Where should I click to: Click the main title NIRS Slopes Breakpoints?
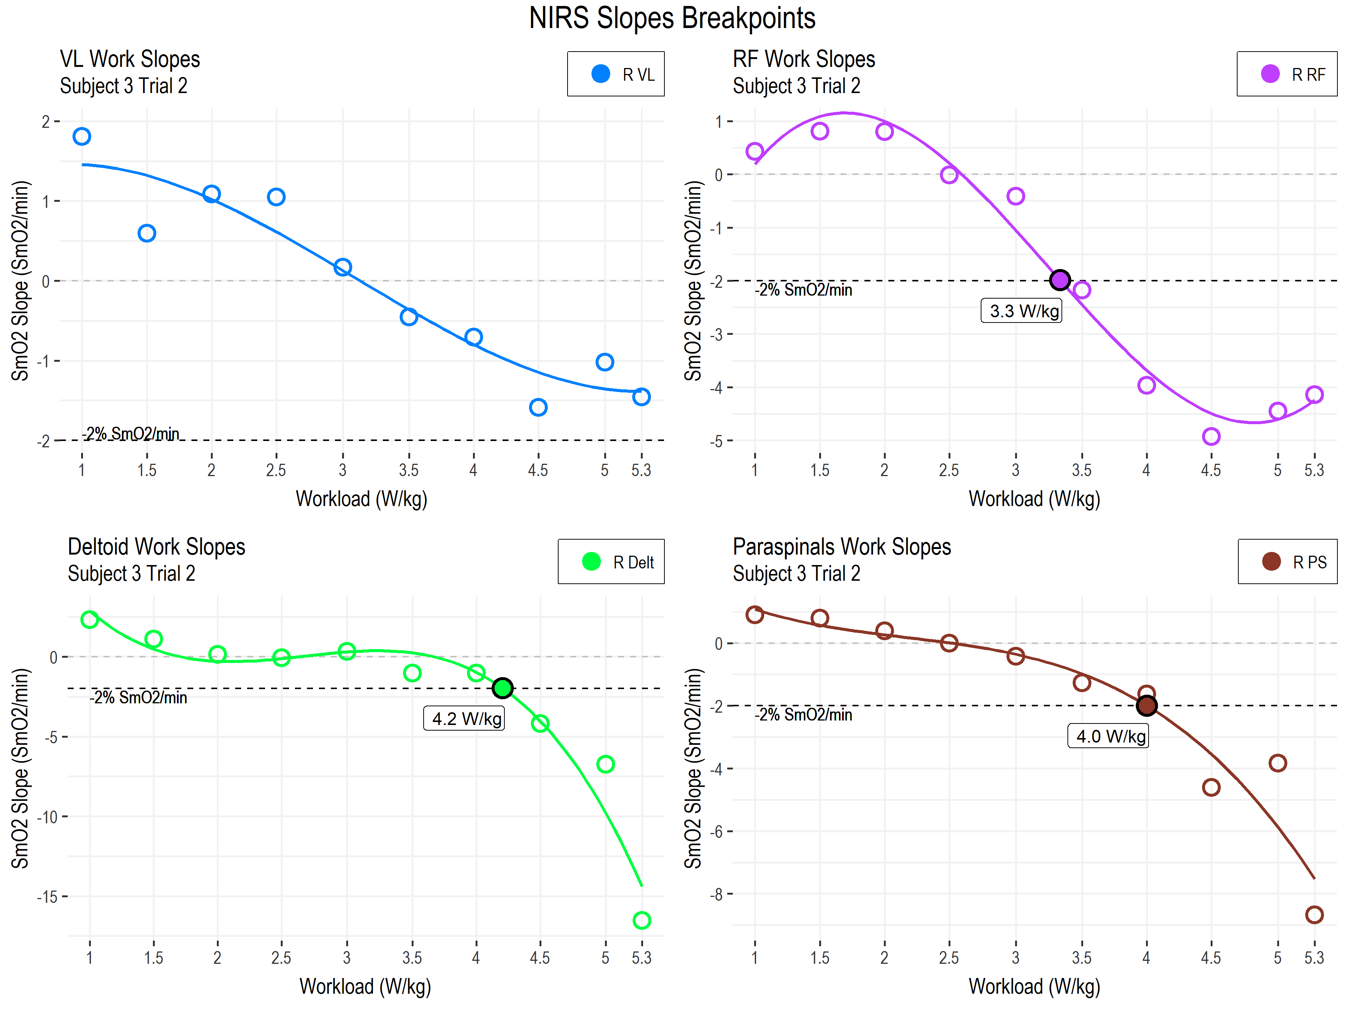point(672,18)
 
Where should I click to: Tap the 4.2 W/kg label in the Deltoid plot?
point(464,718)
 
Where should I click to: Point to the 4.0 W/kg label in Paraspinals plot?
point(1108,736)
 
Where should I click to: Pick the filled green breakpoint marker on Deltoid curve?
point(502,688)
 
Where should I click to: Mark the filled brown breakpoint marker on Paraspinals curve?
point(1146,706)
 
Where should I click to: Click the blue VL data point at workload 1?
point(82,136)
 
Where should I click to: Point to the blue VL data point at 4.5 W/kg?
point(538,407)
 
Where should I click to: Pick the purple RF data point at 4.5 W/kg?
point(1211,436)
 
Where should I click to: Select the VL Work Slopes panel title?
point(130,59)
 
